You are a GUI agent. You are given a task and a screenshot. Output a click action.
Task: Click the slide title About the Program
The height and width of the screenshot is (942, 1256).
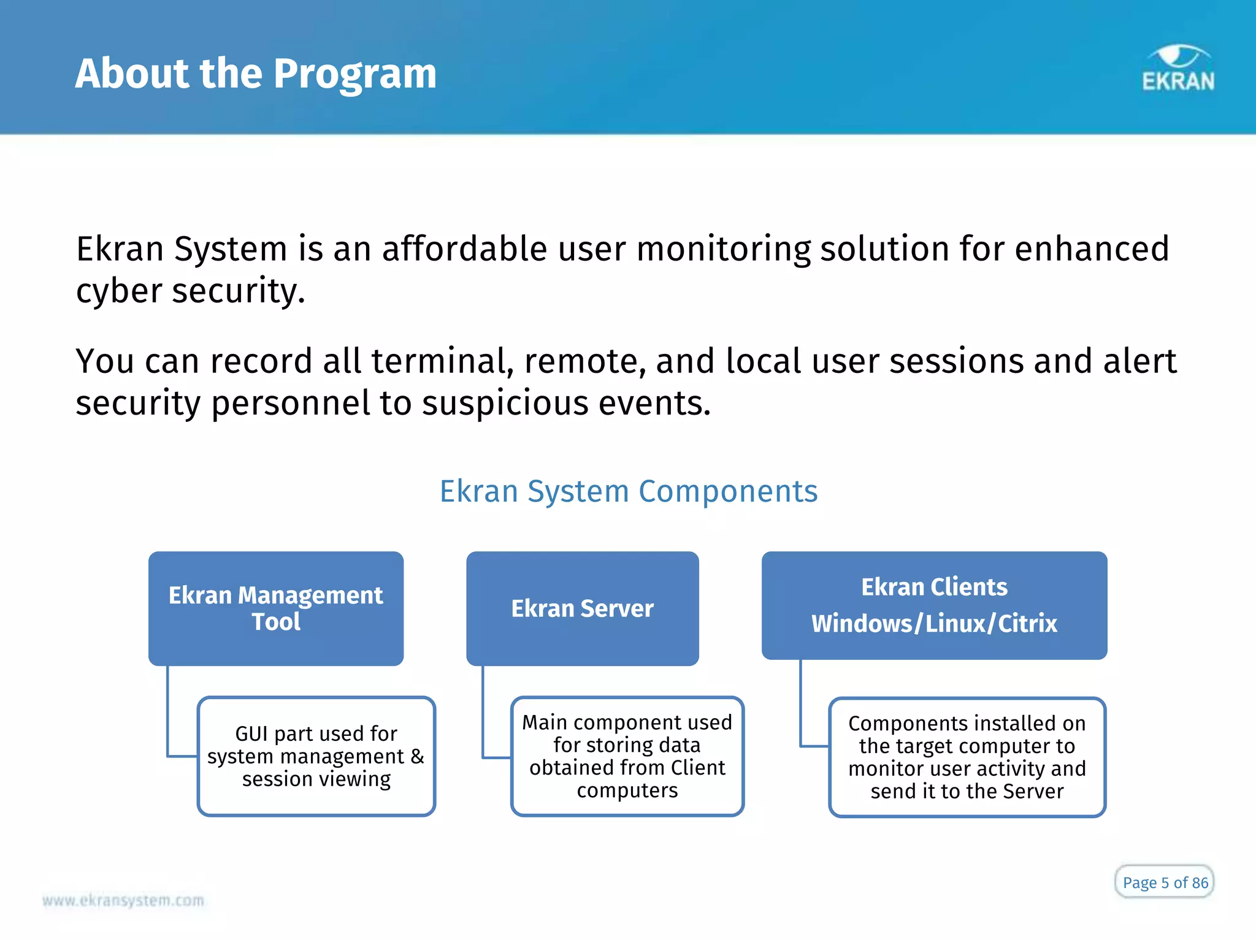click(256, 74)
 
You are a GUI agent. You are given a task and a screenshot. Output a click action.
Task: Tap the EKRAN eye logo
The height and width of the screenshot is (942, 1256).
click(1177, 68)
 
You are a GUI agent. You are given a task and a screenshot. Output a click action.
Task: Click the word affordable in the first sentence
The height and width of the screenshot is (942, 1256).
click(464, 249)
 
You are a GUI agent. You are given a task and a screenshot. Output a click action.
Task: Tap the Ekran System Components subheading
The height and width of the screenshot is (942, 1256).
click(629, 491)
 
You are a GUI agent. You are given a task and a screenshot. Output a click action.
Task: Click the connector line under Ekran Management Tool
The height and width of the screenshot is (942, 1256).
click(168, 711)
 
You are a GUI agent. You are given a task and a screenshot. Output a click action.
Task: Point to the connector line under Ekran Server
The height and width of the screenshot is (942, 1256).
click(483, 711)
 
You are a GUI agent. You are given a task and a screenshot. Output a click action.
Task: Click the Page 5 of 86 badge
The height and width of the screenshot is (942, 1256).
click(1164, 883)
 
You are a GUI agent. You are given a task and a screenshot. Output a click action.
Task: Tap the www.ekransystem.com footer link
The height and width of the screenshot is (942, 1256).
click(123, 900)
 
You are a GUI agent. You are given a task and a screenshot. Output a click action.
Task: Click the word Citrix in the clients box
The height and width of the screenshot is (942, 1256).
click(1027, 624)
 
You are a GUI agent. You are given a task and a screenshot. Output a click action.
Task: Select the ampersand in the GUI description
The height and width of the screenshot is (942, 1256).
click(417, 756)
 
